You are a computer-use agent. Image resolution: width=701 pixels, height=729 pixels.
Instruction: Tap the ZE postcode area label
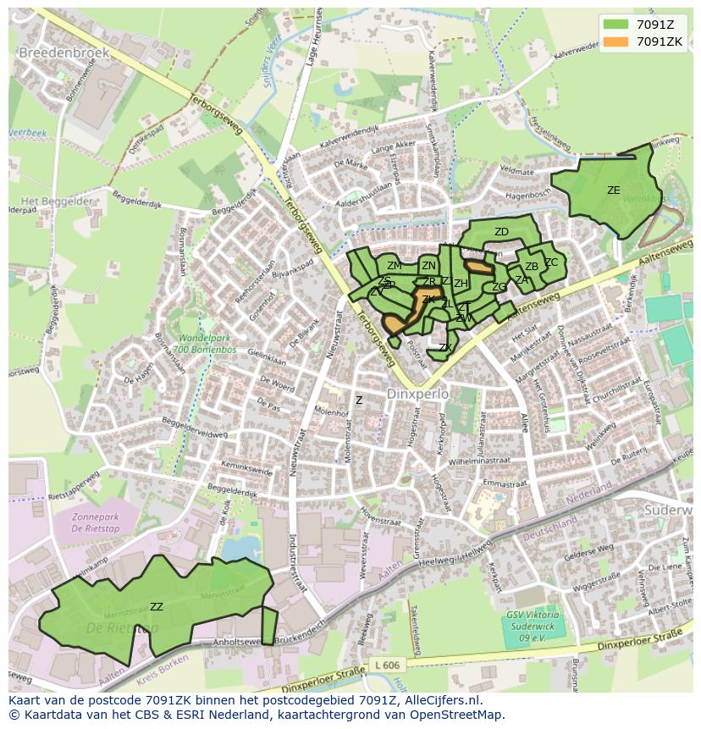click(613, 191)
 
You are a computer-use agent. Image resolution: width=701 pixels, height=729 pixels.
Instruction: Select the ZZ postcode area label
click(157, 606)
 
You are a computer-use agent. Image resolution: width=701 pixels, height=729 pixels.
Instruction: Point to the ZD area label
click(501, 232)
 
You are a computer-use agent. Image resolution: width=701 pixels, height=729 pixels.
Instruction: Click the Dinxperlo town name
click(416, 395)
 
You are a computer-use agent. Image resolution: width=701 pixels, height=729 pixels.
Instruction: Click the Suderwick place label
click(669, 511)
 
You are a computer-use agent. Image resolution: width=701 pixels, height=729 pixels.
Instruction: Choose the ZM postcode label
click(395, 266)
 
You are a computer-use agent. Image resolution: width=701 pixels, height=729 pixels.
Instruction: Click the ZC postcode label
click(551, 262)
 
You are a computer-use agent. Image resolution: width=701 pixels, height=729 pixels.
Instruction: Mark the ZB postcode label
click(532, 267)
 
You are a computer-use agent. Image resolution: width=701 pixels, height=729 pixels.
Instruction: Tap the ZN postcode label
click(428, 266)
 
